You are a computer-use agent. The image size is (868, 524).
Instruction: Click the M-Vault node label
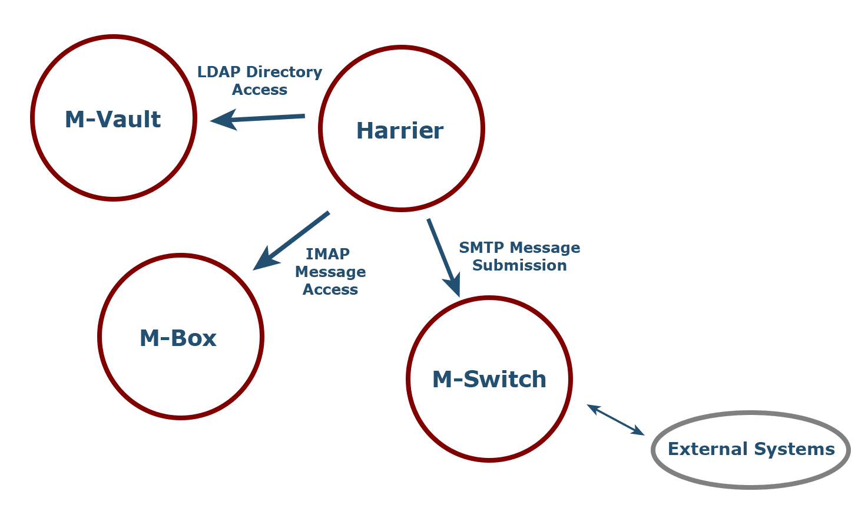point(112,119)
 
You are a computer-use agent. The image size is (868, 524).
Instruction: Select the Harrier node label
point(400,130)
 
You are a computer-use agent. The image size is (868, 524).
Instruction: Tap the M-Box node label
point(178,338)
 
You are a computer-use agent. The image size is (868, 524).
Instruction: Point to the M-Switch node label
point(489,379)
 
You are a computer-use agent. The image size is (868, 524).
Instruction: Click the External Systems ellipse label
point(751,449)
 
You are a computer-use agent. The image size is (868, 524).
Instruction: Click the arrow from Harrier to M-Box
point(292,240)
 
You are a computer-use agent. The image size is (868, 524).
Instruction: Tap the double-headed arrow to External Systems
point(615,420)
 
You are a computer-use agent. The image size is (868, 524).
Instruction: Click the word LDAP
point(218,72)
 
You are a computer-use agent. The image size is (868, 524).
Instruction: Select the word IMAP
point(327,254)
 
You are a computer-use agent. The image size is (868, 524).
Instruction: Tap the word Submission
point(519,265)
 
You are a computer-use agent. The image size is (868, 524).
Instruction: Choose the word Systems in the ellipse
point(794,449)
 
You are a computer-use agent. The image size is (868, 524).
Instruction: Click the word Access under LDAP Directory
point(259,90)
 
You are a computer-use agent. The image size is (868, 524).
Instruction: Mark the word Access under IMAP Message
point(330,289)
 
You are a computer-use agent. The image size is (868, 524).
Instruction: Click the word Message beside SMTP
point(545,248)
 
